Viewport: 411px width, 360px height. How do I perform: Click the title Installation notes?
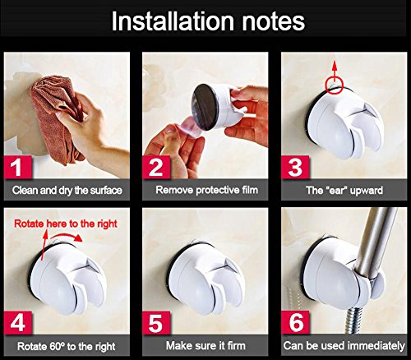(x=208, y=21)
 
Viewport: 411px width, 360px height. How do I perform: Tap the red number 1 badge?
(x=18, y=168)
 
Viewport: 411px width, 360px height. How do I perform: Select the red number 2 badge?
(x=156, y=168)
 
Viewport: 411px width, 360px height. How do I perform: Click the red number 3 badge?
(x=295, y=168)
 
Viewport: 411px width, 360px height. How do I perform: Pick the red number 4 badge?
(x=18, y=323)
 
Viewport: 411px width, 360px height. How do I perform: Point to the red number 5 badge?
(x=156, y=323)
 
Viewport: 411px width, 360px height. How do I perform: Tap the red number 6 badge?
(x=295, y=323)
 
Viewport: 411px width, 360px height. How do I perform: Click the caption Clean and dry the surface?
(x=67, y=191)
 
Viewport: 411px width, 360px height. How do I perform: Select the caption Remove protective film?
(x=207, y=190)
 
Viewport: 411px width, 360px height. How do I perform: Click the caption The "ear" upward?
(x=344, y=191)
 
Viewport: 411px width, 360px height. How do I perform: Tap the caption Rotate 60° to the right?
(x=67, y=347)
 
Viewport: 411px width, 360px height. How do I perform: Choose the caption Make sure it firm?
(x=205, y=346)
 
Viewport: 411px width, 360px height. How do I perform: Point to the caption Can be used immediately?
(x=344, y=346)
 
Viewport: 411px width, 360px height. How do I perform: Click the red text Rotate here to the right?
(x=66, y=224)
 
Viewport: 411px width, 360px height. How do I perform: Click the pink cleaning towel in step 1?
(x=56, y=118)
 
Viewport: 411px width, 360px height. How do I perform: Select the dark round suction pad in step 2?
(x=204, y=108)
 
